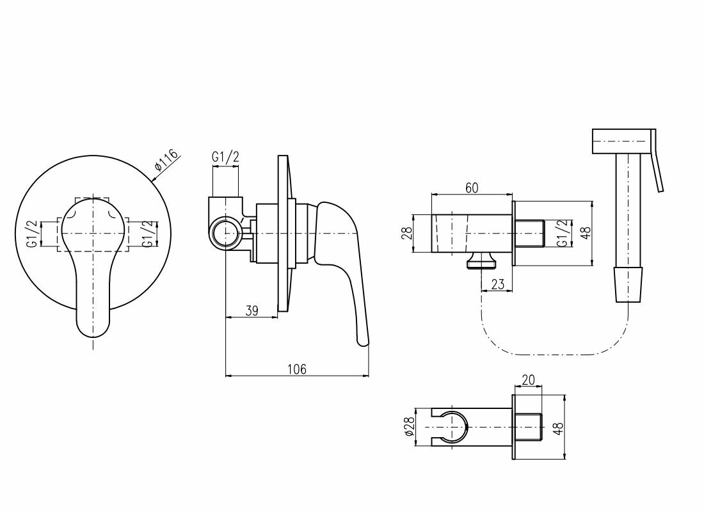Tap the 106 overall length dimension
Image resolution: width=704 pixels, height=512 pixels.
297,369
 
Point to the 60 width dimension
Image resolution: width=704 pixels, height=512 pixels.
472,188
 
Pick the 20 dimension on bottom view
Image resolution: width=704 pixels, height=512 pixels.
528,380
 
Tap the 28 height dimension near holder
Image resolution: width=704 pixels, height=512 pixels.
406,233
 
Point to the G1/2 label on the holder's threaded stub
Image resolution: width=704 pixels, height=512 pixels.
561,233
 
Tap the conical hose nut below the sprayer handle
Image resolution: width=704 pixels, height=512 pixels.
628,285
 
